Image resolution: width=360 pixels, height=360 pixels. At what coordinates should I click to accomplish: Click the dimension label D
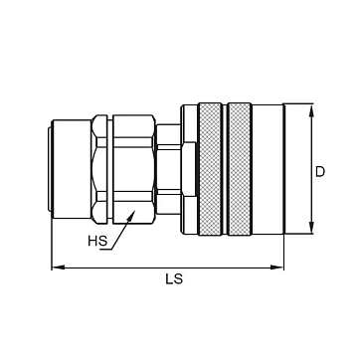click(320, 172)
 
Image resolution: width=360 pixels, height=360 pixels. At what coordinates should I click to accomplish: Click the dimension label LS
click(174, 279)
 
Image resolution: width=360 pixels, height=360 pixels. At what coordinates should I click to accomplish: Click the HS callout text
click(97, 241)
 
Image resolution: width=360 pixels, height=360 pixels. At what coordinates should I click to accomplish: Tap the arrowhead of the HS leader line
click(132, 214)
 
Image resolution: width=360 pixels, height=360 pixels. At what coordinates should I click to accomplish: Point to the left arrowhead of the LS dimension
click(58, 268)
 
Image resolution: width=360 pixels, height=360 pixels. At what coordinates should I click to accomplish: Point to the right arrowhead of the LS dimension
click(277, 268)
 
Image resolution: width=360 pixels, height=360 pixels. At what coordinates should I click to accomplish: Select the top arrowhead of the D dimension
click(311, 110)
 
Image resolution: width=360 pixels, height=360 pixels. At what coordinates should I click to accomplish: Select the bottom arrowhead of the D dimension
click(311, 228)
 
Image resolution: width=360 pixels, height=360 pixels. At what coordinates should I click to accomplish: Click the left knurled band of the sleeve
click(210, 169)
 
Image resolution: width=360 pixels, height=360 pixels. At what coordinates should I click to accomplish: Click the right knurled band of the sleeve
click(240, 169)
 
